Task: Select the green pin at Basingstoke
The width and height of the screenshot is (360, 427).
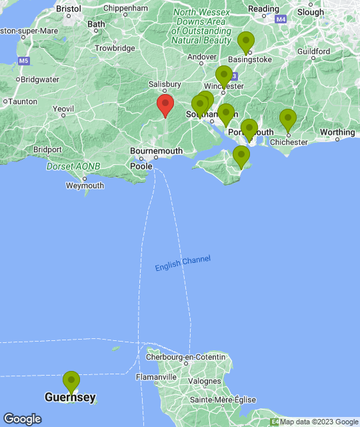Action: pos(247,42)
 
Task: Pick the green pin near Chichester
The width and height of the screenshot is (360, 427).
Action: pos(287,120)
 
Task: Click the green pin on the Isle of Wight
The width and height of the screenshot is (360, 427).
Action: pos(241,156)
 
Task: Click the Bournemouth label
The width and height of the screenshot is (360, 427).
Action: pos(156,151)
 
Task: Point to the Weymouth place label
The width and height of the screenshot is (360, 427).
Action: pos(85,185)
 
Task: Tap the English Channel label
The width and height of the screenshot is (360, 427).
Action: pos(183,264)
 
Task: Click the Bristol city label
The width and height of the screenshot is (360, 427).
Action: pos(69,9)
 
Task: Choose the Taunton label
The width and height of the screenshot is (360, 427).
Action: pos(22,102)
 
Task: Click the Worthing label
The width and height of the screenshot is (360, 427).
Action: pos(337,132)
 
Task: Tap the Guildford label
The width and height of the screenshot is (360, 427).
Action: pos(314,51)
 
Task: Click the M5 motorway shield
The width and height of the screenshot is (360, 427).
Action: pos(25,61)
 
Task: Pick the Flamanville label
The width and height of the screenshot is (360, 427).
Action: pos(156,377)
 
